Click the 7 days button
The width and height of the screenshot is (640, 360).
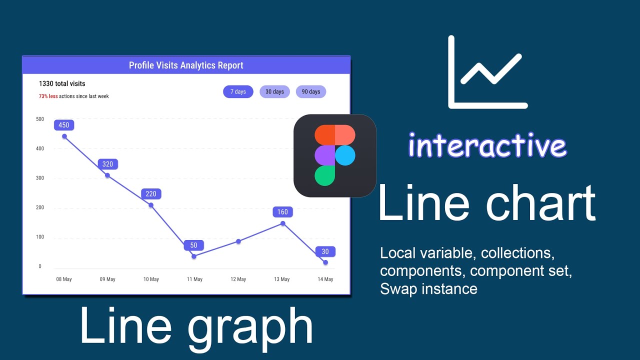(238, 92)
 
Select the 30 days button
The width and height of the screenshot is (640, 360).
(274, 92)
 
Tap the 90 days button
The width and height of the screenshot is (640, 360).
(311, 92)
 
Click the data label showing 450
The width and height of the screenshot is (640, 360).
(64, 125)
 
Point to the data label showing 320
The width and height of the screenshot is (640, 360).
(107, 164)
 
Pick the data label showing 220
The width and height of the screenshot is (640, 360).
(151, 194)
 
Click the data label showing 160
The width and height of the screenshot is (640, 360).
(282, 212)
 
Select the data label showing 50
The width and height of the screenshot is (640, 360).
(193, 245)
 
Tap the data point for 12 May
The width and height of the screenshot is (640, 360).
(238, 241)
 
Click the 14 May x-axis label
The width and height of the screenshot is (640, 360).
(325, 279)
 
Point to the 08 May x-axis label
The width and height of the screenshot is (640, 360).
(64, 279)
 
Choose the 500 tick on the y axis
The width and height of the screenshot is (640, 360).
(40, 119)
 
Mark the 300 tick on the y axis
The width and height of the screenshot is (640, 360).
(40, 178)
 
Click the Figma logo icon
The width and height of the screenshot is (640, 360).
(335, 155)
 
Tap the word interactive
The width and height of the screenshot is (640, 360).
(487, 146)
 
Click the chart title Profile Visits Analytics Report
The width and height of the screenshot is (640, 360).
(186, 65)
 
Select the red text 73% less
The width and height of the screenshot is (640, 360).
(48, 96)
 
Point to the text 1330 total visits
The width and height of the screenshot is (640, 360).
(62, 84)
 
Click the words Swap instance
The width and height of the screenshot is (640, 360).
(428, 289)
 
